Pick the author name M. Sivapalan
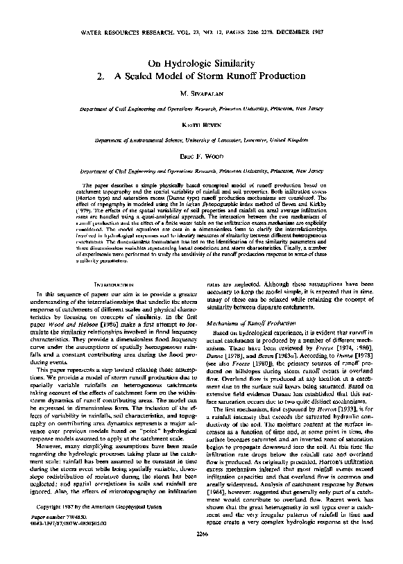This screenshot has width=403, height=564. point(201,95)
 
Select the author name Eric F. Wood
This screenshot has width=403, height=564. point(201,157)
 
